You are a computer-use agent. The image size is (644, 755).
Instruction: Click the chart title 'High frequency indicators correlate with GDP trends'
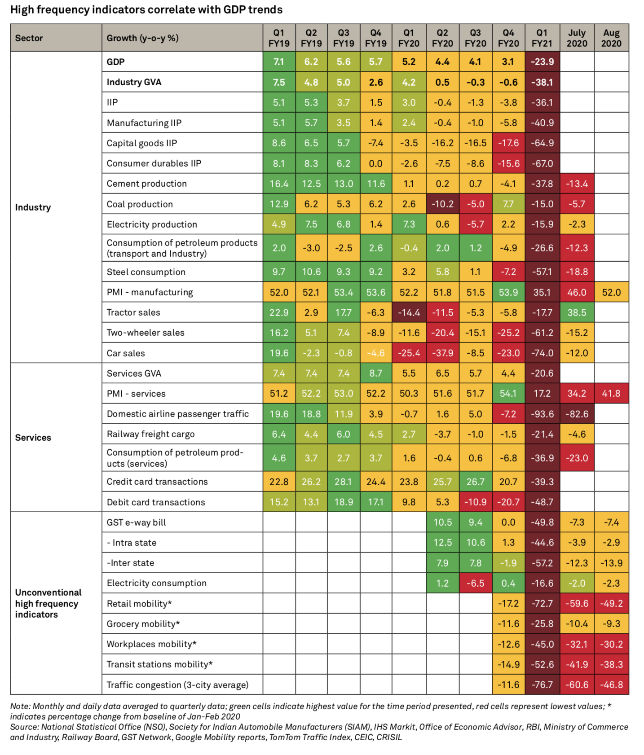coord(146,10)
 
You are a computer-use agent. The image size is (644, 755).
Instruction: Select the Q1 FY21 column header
coord(542,38)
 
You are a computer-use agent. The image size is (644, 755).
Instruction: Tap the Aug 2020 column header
coord(611,38)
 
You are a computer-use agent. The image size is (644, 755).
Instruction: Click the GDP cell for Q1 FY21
coord(542,62)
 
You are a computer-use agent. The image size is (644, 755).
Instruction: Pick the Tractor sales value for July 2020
coord(577,312)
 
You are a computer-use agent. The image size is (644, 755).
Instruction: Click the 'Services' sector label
coord(33,438)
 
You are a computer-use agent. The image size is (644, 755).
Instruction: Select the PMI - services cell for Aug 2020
coord(611,394)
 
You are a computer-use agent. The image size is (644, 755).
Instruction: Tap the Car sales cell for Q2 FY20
coord(442,353)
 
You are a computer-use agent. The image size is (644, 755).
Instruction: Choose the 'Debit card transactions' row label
coord(156,502)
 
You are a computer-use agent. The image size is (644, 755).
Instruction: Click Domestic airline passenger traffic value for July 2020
coord(577,414)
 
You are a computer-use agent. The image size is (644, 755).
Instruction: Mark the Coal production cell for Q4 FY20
coord(508,204)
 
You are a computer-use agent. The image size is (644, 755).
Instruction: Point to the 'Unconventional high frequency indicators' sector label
coord(48,603)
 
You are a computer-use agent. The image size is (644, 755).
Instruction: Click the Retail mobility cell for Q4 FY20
coord(508,604)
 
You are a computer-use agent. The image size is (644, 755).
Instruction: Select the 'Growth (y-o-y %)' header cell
coord(142,38)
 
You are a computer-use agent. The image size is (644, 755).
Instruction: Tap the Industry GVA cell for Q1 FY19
coord(279,82)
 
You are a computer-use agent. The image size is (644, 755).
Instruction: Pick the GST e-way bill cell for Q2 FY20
coord(442,522)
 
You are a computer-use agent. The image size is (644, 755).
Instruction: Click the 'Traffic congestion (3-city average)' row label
coord(177,685)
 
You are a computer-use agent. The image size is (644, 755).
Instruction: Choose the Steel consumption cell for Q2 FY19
coord(311,272)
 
